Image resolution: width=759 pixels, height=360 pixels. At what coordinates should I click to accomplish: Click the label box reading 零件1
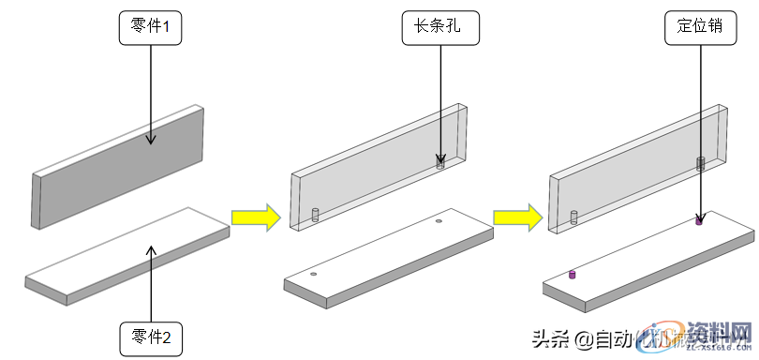click(x=150, y=29)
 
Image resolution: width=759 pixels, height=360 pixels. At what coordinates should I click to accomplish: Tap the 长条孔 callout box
click(x=439, y=29)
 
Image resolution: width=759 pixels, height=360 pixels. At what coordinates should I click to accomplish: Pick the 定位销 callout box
click(x=699, y=27)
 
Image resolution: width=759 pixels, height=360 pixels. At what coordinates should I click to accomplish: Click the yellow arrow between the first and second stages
click(x=257, y=218)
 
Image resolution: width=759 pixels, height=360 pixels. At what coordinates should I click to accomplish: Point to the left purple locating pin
click(x=572, y=275)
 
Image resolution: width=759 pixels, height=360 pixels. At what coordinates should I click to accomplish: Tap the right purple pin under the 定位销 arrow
click(x=698, y=221)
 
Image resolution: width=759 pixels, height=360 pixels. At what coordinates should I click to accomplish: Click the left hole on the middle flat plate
click(x=313, y=275)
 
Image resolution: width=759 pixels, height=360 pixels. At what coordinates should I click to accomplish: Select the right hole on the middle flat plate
click(x=439, y=222)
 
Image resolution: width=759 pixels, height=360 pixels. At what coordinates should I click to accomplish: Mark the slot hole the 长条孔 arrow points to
click(x=439, y=162)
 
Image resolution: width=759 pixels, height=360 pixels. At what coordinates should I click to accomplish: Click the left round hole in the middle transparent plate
click(x=315, y=215)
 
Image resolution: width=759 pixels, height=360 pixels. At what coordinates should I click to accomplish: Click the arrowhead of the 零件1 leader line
click(x=150, y=141)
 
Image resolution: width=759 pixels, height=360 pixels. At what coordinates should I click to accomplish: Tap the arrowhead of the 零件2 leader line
click(x=150, y=247)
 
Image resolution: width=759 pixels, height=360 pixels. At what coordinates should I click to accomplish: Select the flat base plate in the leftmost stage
click(x=126, y=258)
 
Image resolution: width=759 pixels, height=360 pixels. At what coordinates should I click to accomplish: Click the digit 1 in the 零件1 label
click(x=166, y=29)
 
